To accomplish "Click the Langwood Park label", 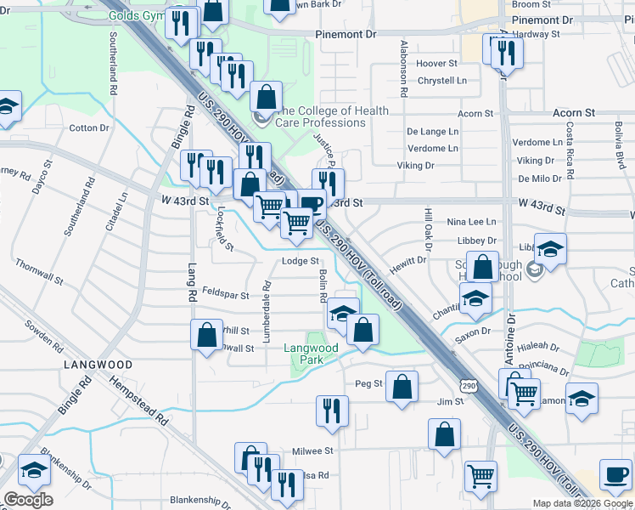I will (x=311, y=354).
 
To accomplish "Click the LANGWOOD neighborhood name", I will (x=98, y=365).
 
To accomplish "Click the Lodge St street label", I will (x=300, y=262).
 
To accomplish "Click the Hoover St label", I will (x=437, y=64).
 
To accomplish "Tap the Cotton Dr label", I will (x=89, y=128).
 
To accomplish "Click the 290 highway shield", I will (x=469, y=386).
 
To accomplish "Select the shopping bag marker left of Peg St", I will (x=402, y=385).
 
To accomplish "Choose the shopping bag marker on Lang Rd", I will (x=206, y=334).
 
